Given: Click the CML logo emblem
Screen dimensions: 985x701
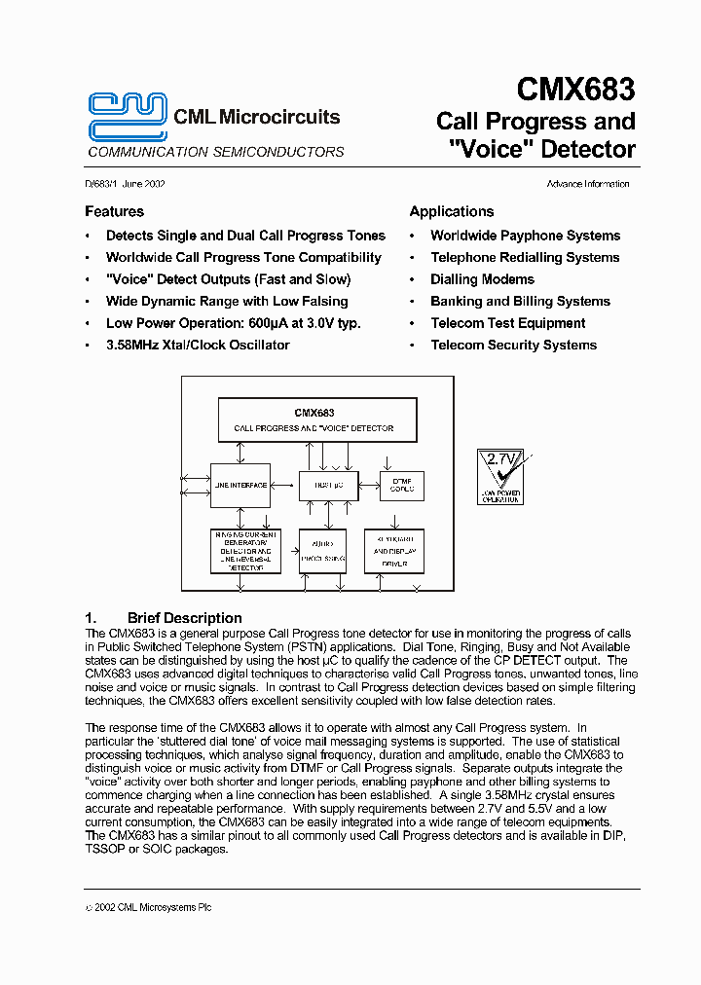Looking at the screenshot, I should [x=127, y=117].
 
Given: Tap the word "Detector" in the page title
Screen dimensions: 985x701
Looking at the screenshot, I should [x=587, y=150].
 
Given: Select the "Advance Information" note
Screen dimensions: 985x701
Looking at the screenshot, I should [x=587, y=184].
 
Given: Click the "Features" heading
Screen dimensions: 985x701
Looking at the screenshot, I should [x=114, y=211].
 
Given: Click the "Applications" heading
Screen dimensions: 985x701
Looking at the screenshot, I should [x=451, y=211].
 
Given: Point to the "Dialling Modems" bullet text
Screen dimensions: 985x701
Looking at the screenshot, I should [x=482, y=279].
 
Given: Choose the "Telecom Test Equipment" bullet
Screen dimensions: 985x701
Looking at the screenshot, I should [x=507, y=323].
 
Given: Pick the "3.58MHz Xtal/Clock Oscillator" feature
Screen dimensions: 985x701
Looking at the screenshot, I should [x=198, y=345].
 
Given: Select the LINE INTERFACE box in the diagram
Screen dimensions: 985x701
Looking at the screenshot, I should [x=240, y=485].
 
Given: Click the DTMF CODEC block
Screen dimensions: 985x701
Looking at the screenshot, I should [x=401, y=484].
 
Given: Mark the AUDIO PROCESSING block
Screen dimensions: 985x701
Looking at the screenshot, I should [x=322, y=551].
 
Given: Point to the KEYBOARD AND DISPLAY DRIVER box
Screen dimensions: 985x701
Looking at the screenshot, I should [x=394, y=551].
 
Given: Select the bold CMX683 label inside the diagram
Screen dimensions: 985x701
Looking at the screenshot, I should [x=314, y=413].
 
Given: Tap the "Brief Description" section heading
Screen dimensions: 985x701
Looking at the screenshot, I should [x=184, y=618].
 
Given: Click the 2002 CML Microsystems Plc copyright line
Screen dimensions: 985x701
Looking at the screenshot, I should [x=148, y=907].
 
